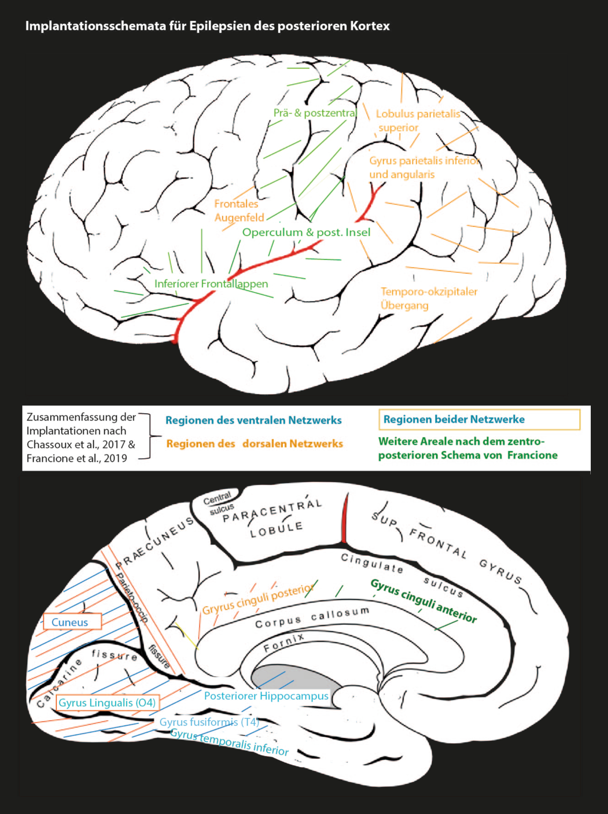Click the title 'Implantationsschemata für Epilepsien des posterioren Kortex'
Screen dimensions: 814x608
(x=207, y=26)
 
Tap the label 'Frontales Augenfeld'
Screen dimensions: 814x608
(x=238, y=210)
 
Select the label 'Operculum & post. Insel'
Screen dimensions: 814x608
(x=306, y=232)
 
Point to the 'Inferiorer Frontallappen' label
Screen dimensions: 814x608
(x=211, y=284)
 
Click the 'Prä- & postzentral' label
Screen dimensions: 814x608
(x=315, y=113)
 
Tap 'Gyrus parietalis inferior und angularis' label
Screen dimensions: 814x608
(x=424, y=167)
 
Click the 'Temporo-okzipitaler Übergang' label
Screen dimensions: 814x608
(x=429, y=298)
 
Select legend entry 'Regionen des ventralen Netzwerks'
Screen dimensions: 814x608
(x=253, y=420)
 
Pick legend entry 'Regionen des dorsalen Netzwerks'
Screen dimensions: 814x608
(x=254, y=444)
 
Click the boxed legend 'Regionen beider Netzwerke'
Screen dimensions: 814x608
(x=479, y=419)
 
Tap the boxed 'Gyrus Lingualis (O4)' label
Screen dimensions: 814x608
(x=107, y=702)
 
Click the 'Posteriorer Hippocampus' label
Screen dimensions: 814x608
(x=266, y=696)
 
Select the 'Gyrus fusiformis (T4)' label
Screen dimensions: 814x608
(x=209, y=722)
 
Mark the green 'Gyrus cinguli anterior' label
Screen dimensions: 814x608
(x=424, y=600)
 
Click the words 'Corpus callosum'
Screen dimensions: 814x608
(x=312, y=618)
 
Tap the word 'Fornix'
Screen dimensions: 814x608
(x=284, y=643)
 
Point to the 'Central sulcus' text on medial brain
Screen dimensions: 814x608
(x=219, y=503)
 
